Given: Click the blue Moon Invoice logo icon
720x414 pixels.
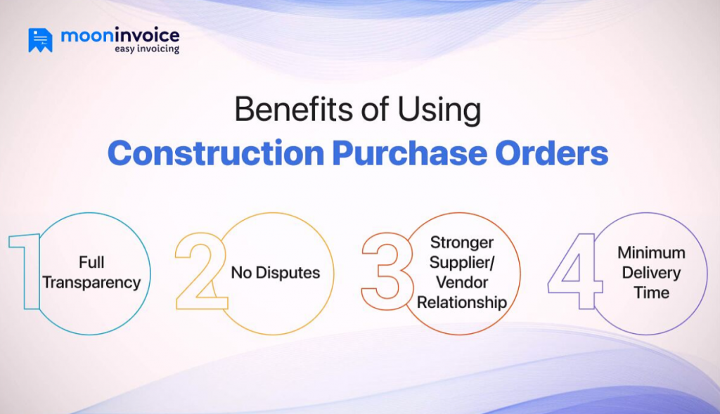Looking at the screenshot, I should click(40, 40).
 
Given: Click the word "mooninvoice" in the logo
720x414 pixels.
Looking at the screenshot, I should click(120, 34).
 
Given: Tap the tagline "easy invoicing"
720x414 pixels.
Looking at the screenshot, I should click(146, 49).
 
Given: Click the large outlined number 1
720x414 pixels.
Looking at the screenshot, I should click(27, 271).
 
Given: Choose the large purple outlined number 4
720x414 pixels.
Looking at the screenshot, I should click(574, 271).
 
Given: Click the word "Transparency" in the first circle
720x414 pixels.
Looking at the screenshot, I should click(92, 283).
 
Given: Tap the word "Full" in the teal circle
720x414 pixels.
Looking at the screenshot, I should click(92, 263).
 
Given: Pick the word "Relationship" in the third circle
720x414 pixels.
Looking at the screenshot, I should click(462, 303).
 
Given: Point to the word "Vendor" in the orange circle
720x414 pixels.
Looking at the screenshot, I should click(462, 283).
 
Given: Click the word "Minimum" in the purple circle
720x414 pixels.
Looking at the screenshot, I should click(651, 252).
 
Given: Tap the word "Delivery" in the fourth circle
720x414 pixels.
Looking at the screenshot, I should click(651, 272).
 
